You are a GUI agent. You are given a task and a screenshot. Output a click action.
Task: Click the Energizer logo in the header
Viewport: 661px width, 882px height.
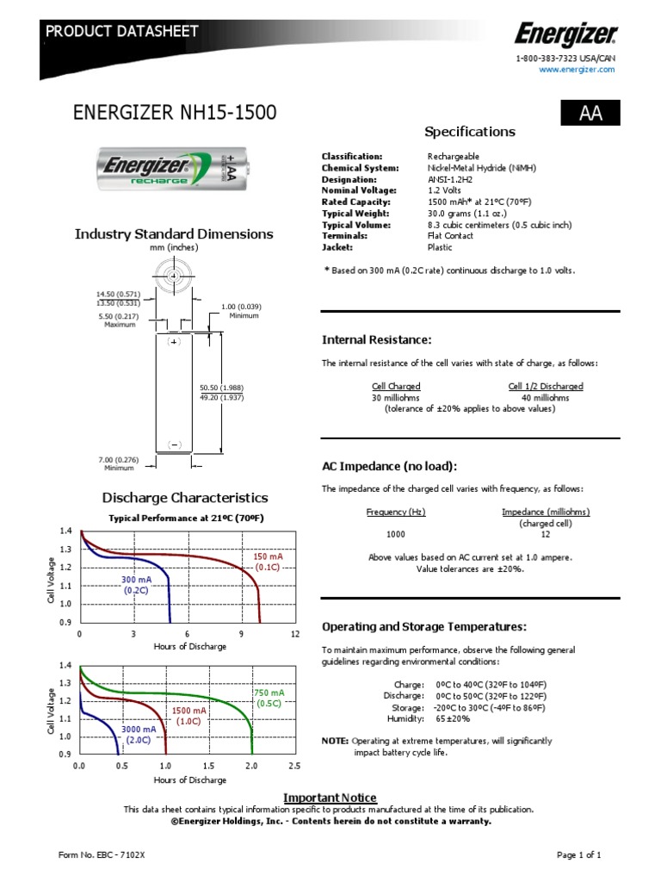click(x=565, y=34)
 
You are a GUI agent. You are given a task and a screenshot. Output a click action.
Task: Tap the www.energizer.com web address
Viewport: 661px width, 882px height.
click(x=577, y=70)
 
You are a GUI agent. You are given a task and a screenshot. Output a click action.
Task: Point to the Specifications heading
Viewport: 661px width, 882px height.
click(x=470, y=132)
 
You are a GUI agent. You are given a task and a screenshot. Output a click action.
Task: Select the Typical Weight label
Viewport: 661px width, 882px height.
click(x=355, y=213)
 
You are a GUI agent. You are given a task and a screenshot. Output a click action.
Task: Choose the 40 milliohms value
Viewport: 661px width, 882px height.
click(x=546, y=398)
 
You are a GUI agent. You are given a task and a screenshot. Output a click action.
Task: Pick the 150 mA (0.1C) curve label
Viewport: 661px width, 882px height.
click(x=268, y=562)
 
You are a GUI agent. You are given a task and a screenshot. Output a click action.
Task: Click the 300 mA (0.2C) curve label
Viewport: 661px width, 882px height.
click(x=136, y=586)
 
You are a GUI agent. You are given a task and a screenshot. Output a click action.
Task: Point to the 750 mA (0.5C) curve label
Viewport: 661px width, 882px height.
click(x=269, y=698)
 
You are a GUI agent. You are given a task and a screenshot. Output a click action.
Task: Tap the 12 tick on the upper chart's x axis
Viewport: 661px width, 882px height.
click(x=295, y=634)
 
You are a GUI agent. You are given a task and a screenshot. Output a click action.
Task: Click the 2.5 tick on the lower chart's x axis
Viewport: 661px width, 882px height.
click(x=294, y=766)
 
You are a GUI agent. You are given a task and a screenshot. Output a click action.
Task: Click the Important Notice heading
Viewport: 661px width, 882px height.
click(x=330, y=798)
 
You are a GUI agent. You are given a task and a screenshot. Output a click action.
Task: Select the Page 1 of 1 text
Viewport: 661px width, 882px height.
click(x=578, y=854)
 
